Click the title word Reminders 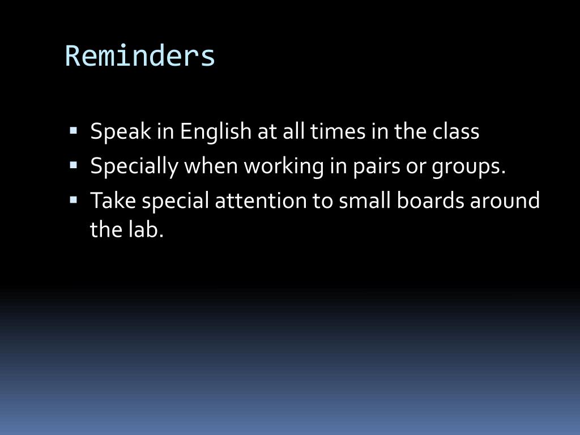[x=140, y=56]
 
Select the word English [x=216, y=131]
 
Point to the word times [x=338, y=131]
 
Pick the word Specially [x=134, y=166]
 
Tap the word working [x=284, y=166]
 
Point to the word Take [x=113, y=201]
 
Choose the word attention [x=261, y=201]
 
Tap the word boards [x=430, y=201]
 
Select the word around [x=505, y=201]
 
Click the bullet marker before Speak [x=73, y=131]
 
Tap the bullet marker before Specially [x=73, y=165]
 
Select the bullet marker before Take [x=73, y=200]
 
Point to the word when [x=211, y=166]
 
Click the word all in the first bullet [x=294, y=131]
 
